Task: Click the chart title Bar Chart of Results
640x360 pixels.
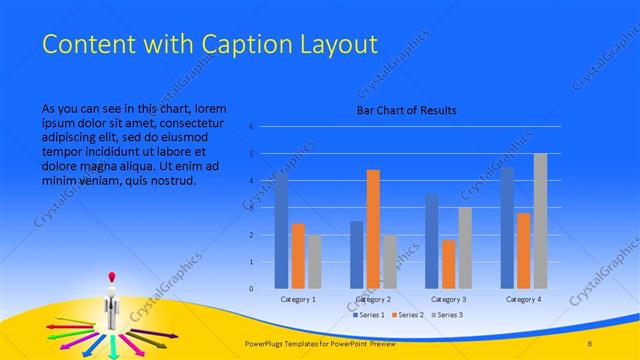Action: [406, 110]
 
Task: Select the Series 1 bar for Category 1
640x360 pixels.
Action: [281, 230]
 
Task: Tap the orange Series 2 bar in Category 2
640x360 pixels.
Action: [373, 229]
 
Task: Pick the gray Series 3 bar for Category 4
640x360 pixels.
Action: [540, 221]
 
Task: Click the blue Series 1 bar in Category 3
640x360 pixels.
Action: [431, 241]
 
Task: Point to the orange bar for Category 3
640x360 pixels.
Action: [448, 264]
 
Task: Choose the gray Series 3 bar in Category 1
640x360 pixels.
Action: [315, 261]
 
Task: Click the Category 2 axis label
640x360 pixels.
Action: [372, 299]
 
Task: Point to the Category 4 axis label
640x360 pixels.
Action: [523, 299]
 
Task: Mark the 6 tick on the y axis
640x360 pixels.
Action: [251, 127]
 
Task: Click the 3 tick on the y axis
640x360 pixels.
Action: [251, 208]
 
